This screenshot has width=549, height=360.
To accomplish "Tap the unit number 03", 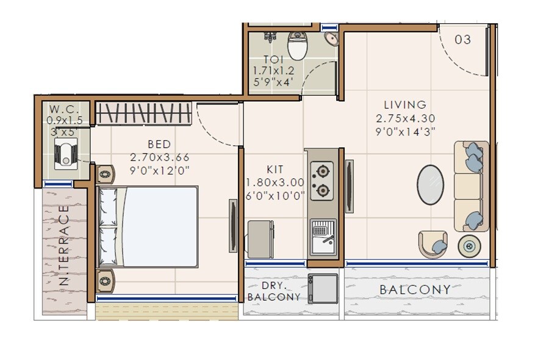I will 463,40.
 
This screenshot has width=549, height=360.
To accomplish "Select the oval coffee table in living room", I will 430,184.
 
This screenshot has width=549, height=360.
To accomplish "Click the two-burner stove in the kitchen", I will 321,181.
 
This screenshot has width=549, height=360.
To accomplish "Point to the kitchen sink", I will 322,237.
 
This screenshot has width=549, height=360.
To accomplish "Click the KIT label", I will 275,170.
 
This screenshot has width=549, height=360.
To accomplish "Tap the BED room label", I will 159,145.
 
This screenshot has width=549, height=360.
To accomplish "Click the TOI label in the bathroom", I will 273,60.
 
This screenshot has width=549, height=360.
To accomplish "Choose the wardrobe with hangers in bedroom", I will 145,113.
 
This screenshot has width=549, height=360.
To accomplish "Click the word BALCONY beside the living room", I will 415,290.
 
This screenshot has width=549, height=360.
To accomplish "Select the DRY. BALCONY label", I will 274,291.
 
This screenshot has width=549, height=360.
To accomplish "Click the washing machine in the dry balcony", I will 323,288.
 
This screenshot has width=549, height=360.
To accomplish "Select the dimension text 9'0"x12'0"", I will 160,170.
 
